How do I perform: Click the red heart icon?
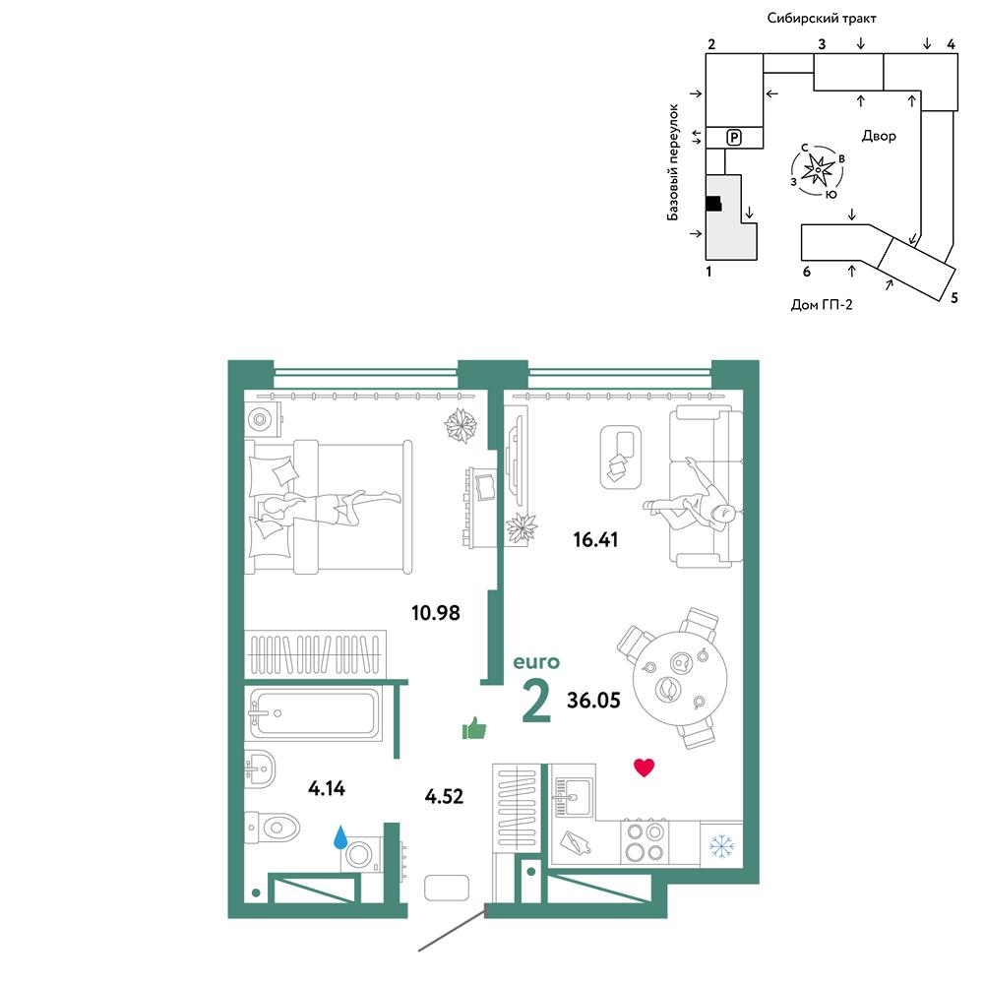(x=644, y=768)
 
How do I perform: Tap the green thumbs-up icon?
(x=474, y=728)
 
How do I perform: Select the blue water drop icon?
(x=340, y=836)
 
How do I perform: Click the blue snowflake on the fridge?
(x=721, y=846)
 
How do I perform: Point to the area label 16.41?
(x=595, y=539)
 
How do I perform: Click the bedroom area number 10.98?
(x=436, y=612)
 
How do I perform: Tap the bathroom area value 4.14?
(x=327, y=788)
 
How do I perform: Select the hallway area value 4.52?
(x=444, y=796)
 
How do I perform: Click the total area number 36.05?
(x=593, y=700)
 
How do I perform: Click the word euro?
(x=536, y=662)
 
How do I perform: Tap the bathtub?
(x=315, y=714)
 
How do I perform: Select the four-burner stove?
(x=645, y=842)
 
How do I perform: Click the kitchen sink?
(x=572, y=796)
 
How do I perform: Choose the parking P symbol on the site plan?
(x=734, y=137)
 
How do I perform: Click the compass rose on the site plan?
(x=817, y=169)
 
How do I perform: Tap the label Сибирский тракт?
(x=822, y=18)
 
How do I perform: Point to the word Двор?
(x=879, y=136)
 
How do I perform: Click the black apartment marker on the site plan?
(x=713, y=204)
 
